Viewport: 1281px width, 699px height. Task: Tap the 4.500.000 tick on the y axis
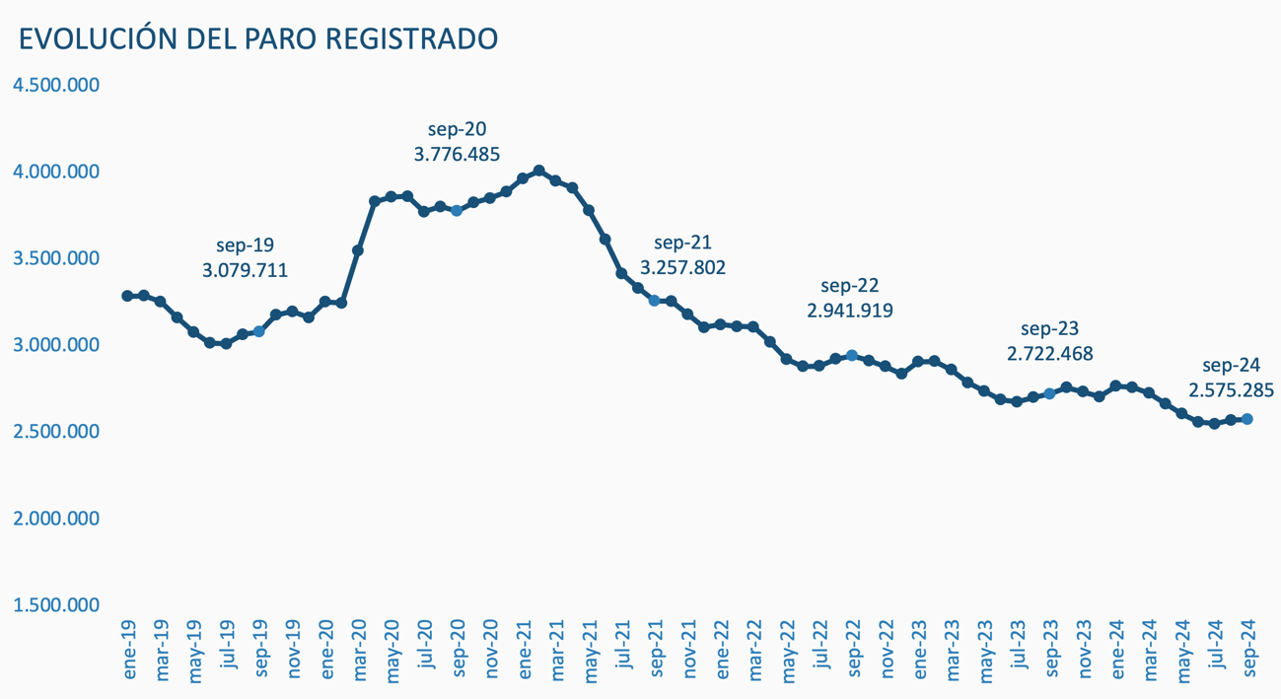[56, 85]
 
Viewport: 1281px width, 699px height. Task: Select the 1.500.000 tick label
[56, 604]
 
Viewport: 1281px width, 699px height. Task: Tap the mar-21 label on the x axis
[557, 650]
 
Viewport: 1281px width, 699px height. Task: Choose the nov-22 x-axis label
[887, 650]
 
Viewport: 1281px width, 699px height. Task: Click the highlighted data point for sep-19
[259, 332]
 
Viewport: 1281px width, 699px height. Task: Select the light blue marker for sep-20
[457, 211]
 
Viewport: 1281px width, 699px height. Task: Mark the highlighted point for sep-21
[655, 301]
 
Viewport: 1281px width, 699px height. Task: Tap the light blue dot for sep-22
[852, 356]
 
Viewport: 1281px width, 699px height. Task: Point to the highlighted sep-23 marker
[1049, 393]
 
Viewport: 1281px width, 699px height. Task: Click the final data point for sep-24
[1247, 419]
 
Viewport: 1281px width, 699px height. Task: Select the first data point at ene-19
[127, 296]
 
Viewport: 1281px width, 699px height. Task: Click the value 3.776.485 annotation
[457, 155]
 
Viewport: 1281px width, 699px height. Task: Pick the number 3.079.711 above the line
[245, 268]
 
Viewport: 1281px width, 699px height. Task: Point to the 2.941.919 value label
[850, 311]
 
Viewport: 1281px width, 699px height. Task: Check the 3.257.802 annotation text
[682, 267]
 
